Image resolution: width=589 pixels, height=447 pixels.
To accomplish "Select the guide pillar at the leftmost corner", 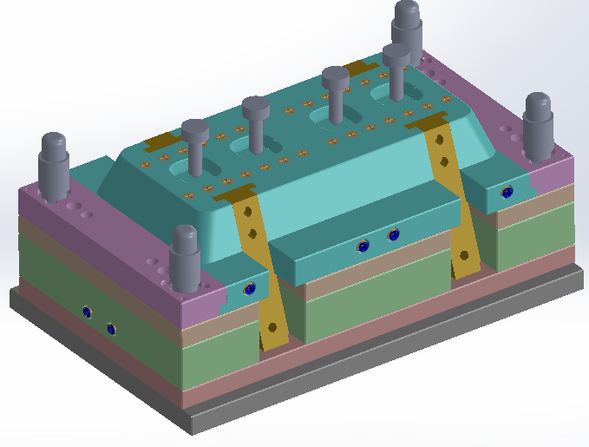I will pos(55,165).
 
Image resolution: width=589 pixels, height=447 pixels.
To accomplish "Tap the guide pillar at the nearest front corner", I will pos(185,258).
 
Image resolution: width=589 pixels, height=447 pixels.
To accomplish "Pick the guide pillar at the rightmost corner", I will pos(537,122).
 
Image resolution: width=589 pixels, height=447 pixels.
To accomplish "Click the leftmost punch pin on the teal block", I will pos(195,143).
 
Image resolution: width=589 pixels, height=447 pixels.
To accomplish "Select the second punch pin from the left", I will pos(256,122).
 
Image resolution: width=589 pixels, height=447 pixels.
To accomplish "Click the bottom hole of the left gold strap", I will pos(272,327).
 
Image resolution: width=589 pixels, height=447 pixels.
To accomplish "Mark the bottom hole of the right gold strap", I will pos(464,255).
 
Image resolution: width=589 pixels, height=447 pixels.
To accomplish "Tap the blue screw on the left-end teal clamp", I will pos(250,289).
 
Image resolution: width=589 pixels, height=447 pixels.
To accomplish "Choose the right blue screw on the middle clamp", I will pos(394,233).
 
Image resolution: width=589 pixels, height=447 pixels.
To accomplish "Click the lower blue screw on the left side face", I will pos(110,328).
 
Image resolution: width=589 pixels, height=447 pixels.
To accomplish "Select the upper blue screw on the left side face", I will pos(86,311).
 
